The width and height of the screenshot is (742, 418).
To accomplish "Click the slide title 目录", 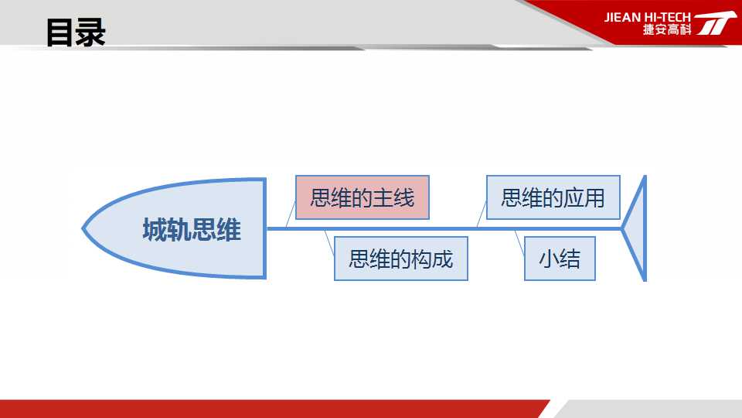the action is point(76,33).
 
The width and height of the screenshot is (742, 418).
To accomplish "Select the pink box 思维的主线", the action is point(362,197).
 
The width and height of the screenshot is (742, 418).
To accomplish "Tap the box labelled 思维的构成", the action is point(401,259).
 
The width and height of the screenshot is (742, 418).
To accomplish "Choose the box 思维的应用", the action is point(553,197).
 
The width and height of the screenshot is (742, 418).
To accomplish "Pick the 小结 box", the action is point(560,259).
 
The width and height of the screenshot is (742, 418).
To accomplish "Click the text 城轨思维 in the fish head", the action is point(192,230).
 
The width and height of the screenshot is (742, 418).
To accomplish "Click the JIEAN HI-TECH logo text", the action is point(648,18).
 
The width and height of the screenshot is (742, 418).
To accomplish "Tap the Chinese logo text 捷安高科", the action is point(667,29).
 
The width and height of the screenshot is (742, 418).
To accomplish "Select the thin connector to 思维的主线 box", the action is point(291,214).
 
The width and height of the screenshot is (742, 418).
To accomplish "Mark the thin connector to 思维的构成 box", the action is point(329,244).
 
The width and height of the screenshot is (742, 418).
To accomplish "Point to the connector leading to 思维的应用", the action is point(482,214).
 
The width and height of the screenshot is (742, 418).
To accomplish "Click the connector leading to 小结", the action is point(519,244).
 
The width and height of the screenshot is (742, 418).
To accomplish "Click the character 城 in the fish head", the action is point(155,230).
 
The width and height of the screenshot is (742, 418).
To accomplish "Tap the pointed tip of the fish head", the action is point(83,228).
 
